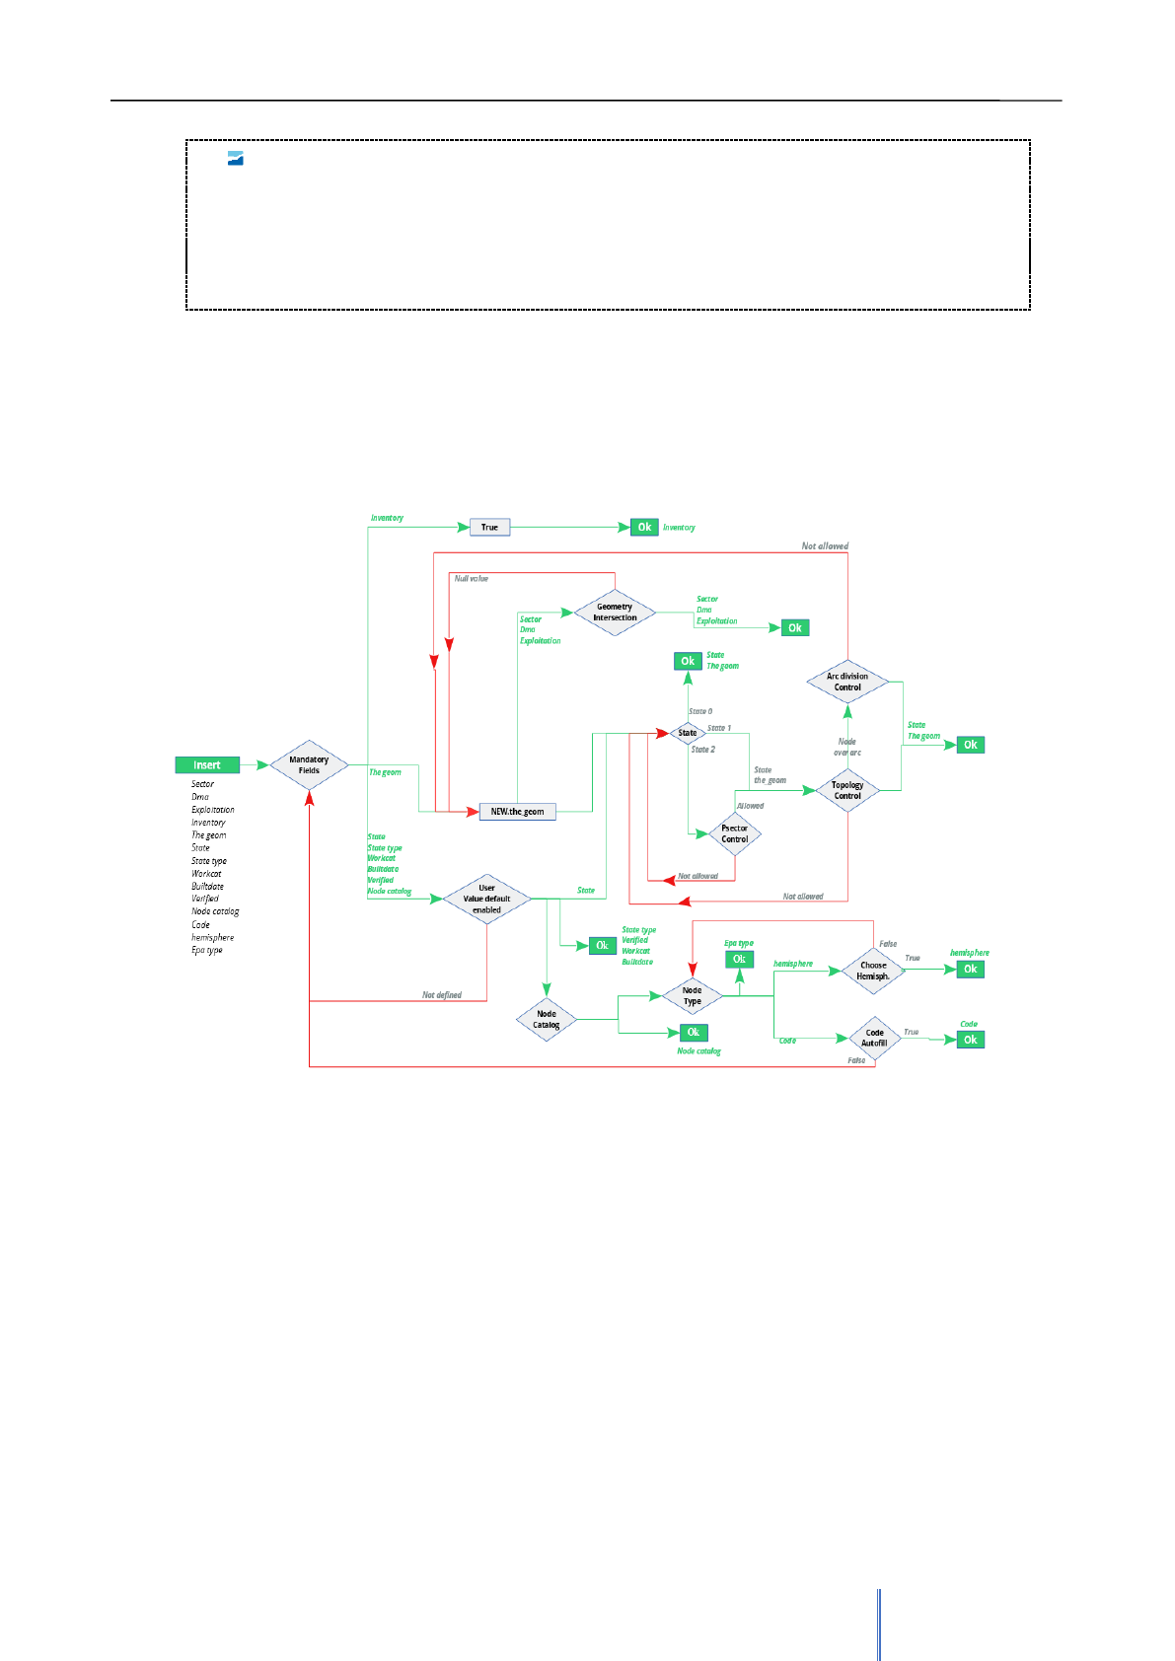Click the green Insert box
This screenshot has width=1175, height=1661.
(207, 765)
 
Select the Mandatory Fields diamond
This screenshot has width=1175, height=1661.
(309, 765)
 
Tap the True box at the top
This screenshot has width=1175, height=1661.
(489, 528)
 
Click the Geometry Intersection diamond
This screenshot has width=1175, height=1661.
(615, 613)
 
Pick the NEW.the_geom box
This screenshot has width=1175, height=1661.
(517, 812)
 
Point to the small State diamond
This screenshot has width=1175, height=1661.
(688, 733)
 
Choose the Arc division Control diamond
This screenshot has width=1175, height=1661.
(847, 682)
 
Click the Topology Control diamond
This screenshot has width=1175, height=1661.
(847, 790)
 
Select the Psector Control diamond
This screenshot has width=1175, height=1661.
(734, 833)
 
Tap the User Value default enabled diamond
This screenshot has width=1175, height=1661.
(486, 899)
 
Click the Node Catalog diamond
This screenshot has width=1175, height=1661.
(547, 1019)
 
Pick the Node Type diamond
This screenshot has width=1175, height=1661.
(693, 996)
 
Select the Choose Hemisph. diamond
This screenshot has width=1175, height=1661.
(873, 971)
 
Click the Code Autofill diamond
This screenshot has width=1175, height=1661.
(874, 1038)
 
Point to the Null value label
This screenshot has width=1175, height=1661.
(472, 579)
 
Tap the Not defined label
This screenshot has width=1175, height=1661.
(442, 995)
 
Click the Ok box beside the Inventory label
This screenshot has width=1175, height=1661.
(644, 528)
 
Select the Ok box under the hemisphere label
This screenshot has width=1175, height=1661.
(971, 970)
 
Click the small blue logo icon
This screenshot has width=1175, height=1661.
(236, 159)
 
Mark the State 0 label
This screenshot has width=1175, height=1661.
(700, 711)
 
